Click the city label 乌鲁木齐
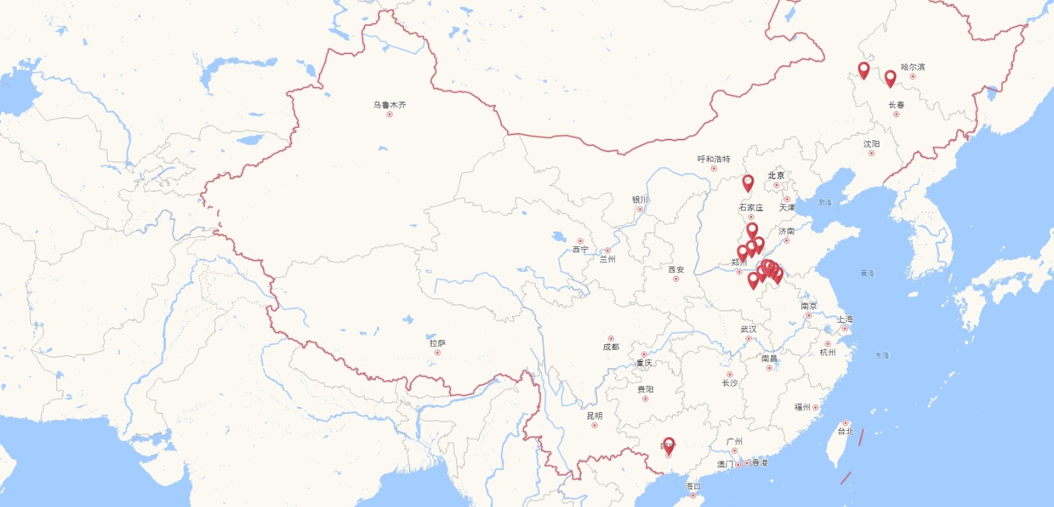[x=389, y=105]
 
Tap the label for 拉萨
[x=437, y=343]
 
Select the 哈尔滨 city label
[x=912, y=67]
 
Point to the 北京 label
[x=776, y=176]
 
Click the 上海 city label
[x=845, y=319]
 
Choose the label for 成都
[x=611, y=347]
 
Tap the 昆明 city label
[x=594, y=416]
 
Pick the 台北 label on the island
[x=845, y=431]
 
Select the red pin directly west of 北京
[x=748, y=182]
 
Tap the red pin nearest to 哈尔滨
[x=890, y=78]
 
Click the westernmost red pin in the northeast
[x=864, y=70]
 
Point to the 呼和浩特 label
[x=713, y=159]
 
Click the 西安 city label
[x=676, y=270]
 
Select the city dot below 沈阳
[x=872, y=153]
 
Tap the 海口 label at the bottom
[x=693, y=487]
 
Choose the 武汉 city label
[x=748, y=329]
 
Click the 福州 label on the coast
[x=802, y=408]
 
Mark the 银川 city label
[x=640, y=200]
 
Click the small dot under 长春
[x=896, y=115]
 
